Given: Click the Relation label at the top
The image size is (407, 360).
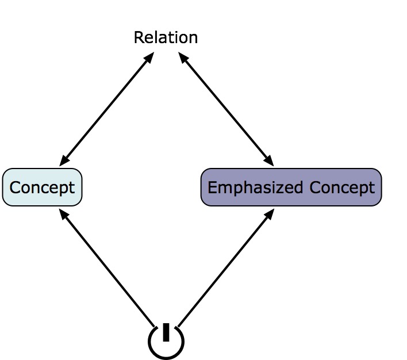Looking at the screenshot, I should (x=166, y=38).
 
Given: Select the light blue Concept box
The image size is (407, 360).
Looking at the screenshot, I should (x=43, y=187).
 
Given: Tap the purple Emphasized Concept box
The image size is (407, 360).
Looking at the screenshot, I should (x=291, y=187).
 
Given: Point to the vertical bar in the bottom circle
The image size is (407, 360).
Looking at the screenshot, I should (x=166, y=332).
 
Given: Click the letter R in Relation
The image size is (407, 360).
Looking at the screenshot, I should (x=138, y=38).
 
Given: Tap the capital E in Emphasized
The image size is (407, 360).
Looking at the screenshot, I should (x=212, y=187).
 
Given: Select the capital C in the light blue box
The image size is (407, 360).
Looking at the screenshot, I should (x=15, y=187).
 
